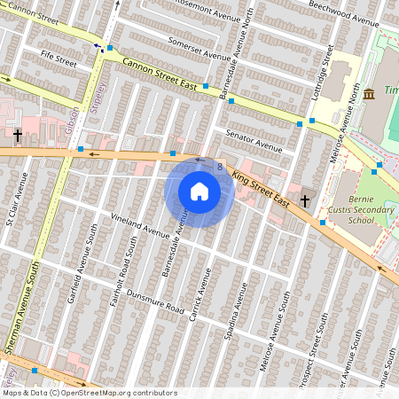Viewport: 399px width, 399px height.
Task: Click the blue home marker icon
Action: [x=199, y=192]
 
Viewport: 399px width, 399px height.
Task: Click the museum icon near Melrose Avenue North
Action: [x=368, y=94]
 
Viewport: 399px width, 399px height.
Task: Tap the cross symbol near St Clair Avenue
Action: [x=18, y=136]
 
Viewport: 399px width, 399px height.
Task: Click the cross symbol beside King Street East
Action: [x=305, y=201]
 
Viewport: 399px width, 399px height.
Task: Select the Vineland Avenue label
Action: [x=139, y=226]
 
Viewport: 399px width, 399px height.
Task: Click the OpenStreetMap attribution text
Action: [x=90, y=393]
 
